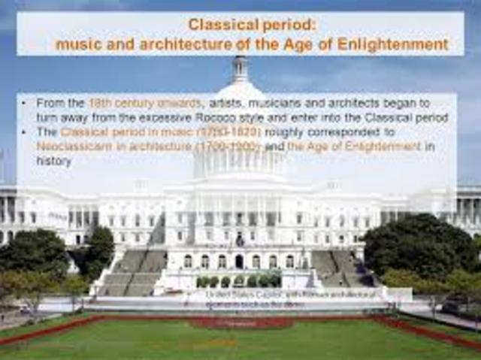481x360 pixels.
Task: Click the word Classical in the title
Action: pyautogui.click(x=218, y=25)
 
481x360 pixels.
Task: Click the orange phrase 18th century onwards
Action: pyautogui.click(x=145, y=103)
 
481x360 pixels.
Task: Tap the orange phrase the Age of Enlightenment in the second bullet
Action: pyautogui.click(x=354, y=147)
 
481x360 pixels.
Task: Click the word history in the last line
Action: pyautogui.click(x=54, y=161)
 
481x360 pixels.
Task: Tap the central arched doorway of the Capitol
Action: pyautogui.click(x=239, y=262)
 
